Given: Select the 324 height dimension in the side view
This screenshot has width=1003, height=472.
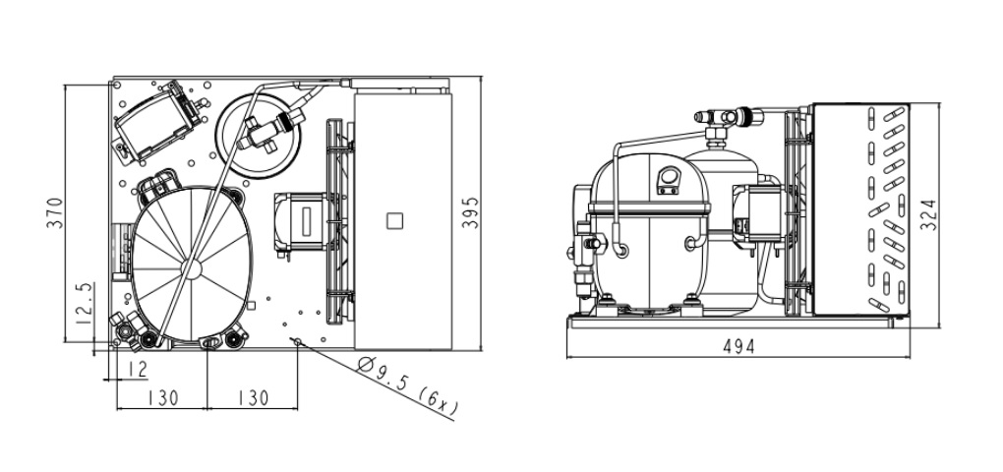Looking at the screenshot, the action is (928, 215).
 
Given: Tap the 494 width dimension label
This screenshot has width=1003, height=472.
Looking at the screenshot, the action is (738, 347).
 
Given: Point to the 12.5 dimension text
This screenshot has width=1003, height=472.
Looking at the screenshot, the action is (85, 303).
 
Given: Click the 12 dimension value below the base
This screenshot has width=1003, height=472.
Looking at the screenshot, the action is (137, 369).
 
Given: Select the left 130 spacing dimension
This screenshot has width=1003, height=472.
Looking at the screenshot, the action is (162, 398).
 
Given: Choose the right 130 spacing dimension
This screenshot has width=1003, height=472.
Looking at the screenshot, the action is (254, 398).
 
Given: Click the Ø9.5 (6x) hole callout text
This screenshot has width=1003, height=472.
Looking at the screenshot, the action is (408, 387).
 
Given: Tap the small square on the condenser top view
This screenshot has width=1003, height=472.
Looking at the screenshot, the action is (394, 221).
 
